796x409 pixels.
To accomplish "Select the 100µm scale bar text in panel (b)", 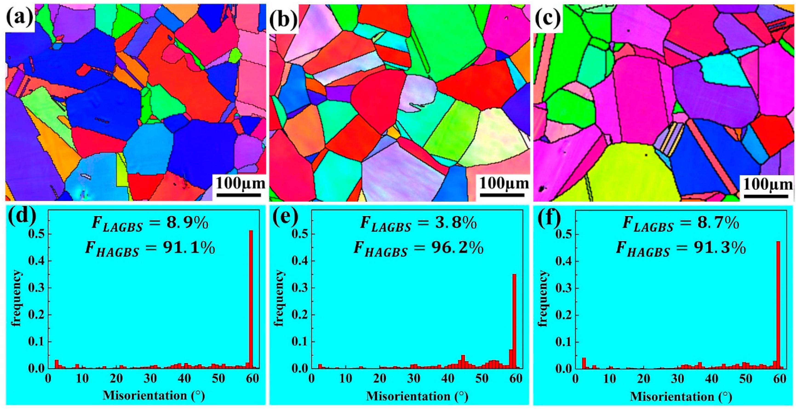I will point(504,184).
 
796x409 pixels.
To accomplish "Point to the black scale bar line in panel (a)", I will point(239,195).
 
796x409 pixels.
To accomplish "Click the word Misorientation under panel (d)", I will point(145,395).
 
